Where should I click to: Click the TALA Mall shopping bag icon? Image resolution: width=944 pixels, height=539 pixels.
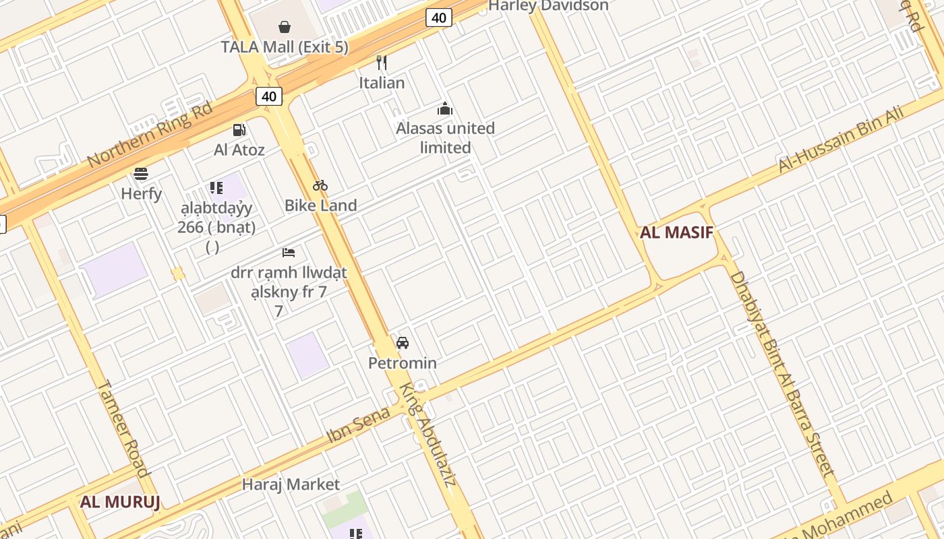285,27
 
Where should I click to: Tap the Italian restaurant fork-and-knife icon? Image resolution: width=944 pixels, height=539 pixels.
382,63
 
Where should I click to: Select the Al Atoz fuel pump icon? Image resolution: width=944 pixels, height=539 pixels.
239,130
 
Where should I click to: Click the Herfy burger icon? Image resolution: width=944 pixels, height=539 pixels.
141,174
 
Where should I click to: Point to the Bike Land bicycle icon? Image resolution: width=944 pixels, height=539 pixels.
320,185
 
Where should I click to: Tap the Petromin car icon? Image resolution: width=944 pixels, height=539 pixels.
403,342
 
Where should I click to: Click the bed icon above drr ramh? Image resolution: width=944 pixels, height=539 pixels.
289,253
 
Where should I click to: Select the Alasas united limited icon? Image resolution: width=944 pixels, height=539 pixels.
445,108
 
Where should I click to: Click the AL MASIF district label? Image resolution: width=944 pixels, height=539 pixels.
676,233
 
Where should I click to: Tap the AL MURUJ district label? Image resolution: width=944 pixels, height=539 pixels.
120,502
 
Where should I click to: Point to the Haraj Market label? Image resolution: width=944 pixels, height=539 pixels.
291,484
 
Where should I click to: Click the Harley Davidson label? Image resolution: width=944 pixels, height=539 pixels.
548,5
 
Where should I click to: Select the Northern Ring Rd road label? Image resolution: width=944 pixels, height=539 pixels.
150,135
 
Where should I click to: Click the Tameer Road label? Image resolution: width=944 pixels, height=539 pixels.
124,428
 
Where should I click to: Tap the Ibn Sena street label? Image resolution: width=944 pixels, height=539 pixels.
358,424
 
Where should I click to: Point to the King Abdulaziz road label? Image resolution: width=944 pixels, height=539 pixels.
429,435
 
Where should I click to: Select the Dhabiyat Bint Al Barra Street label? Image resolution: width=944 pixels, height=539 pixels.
782,374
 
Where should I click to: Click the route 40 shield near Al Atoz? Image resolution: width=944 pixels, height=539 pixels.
269,96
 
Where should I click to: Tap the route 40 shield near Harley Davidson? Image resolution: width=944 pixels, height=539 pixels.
438,18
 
